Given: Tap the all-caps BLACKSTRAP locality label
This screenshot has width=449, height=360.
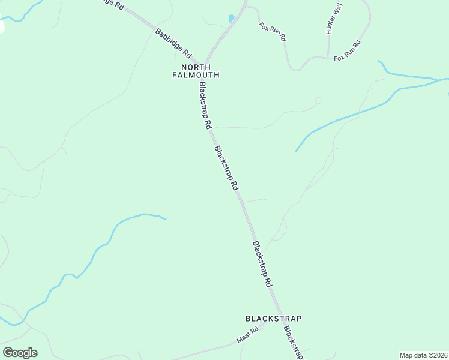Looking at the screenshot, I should pyautogui.click(x=273, y=318).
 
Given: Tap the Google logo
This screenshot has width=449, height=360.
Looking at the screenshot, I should pyautogui.click(x=20, y=353).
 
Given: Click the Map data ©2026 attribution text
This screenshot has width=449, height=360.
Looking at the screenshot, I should pyautogui.click(x=423, y=355).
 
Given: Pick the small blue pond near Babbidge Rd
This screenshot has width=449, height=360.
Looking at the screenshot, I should pyautogui.click(x=232, y=19).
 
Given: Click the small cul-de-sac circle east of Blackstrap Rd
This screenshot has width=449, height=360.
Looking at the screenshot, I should pyautogui.click(x=318, y=101).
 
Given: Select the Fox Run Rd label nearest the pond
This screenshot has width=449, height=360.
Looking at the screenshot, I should pyautogui.click(x=272, y=31).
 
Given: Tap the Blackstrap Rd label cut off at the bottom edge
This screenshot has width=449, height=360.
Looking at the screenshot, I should pyautogui.click(x=292, y=344).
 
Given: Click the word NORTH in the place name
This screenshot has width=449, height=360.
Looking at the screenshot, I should pyautogui.click(x=196, y=67).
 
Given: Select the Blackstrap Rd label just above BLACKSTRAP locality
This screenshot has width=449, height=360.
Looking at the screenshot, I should pyautogui.click(x=263, y=265).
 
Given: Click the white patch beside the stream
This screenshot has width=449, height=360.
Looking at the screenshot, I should pyautogui.click(x=2, y=27).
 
